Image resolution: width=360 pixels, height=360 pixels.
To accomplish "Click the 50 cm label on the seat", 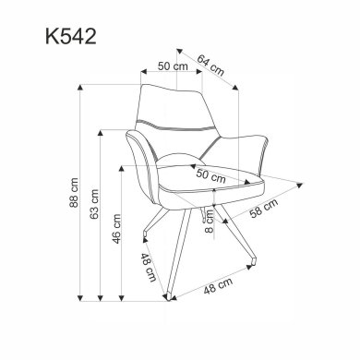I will click(210, 174).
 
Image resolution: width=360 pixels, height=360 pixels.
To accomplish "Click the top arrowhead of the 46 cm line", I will click(126, 172).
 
